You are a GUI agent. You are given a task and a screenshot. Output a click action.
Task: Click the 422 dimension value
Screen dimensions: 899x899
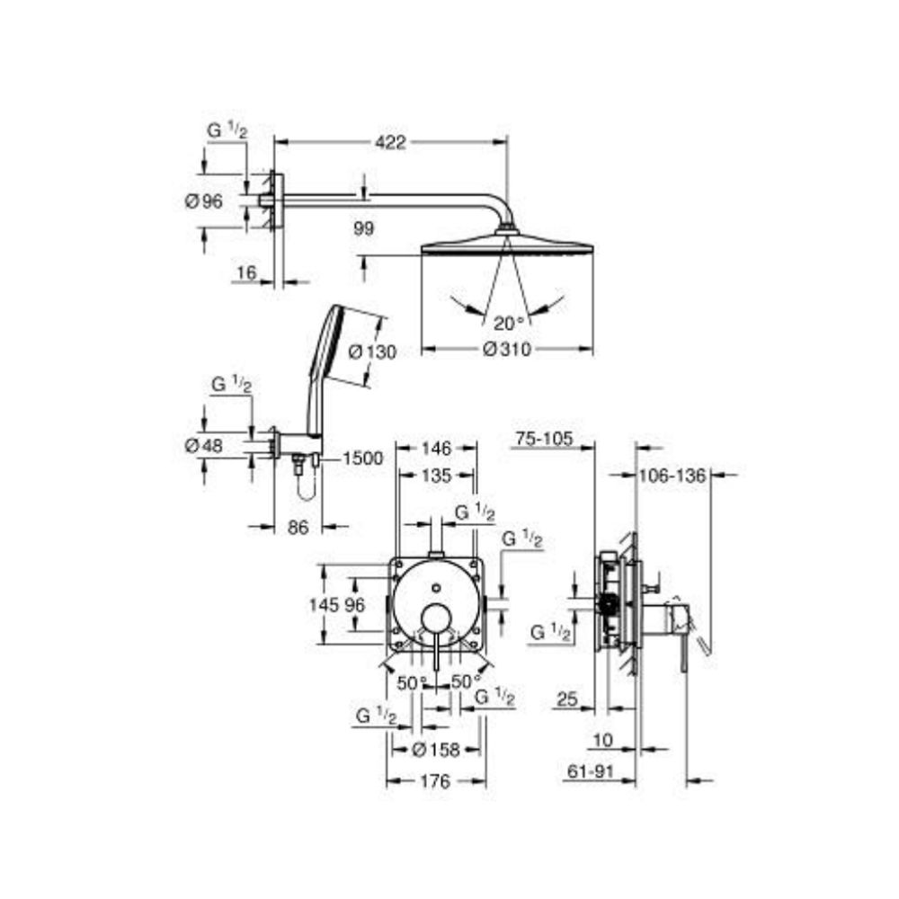391,142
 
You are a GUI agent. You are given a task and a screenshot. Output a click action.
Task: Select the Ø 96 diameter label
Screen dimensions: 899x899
203,202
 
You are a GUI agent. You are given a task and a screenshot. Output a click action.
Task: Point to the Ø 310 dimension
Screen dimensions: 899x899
507,350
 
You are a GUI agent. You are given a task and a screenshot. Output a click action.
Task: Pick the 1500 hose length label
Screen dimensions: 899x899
362,458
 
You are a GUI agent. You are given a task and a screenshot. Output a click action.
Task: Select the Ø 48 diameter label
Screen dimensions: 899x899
203,445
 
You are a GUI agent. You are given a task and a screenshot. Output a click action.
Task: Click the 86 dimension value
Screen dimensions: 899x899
298,528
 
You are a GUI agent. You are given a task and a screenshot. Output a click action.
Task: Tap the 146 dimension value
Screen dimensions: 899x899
436,448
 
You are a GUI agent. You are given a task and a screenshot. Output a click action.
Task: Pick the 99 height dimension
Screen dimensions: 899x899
363,229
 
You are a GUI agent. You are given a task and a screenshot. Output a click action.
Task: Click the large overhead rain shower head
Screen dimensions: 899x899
507,245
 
